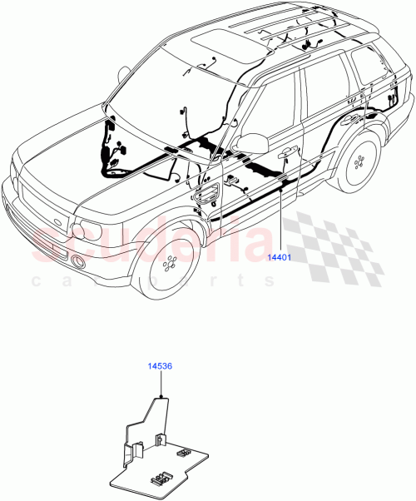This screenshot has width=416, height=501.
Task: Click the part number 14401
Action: point(279,258)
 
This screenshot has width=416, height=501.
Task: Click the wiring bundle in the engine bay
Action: point(114,158)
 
